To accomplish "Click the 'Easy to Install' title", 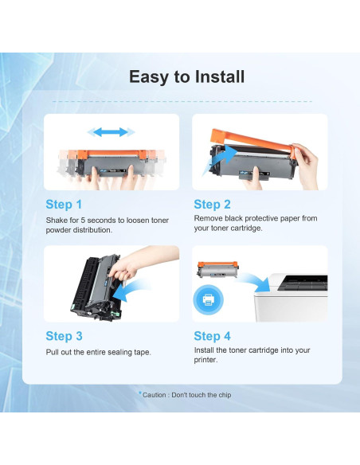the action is [186, 76].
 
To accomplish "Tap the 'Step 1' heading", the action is [64, 205].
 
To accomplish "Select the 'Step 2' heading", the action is [212, 205].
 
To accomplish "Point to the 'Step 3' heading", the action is [64, 336].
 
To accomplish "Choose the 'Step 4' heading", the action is [212, 336].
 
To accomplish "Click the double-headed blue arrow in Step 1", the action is [112, 132].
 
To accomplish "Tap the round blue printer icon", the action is [208, 299].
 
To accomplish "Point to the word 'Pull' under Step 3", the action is [52, 352].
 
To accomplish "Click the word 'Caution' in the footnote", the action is [155, 395].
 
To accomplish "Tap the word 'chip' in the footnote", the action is [225, 395].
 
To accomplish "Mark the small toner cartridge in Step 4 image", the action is [218, 270].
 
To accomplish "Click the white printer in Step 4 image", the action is [291, 297].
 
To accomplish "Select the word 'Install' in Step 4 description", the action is [204, 350].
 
